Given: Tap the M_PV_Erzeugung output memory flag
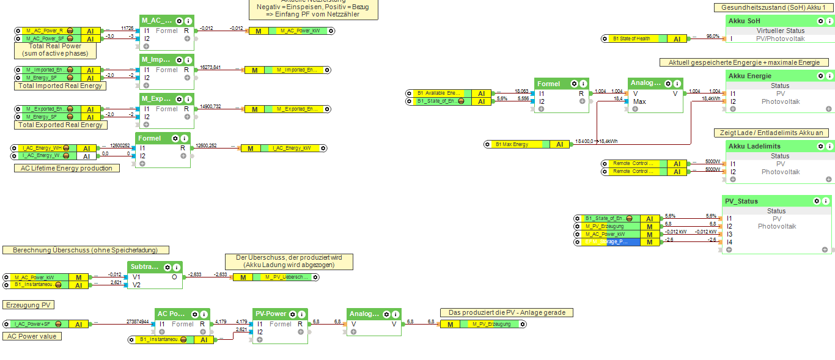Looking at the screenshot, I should (x=482, y=324).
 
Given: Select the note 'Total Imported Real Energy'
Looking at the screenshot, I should (x=60, y=86).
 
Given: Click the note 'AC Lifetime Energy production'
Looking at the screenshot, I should (x=67, y=168).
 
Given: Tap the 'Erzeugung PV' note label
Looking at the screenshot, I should (x=29, y=304).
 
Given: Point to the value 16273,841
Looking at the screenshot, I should (x=210, y=67).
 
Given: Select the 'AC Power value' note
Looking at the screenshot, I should (x=33, y=336).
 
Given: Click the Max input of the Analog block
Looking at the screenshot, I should (x=639, y=101).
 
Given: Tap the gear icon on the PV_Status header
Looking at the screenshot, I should (x=816, y=200).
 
